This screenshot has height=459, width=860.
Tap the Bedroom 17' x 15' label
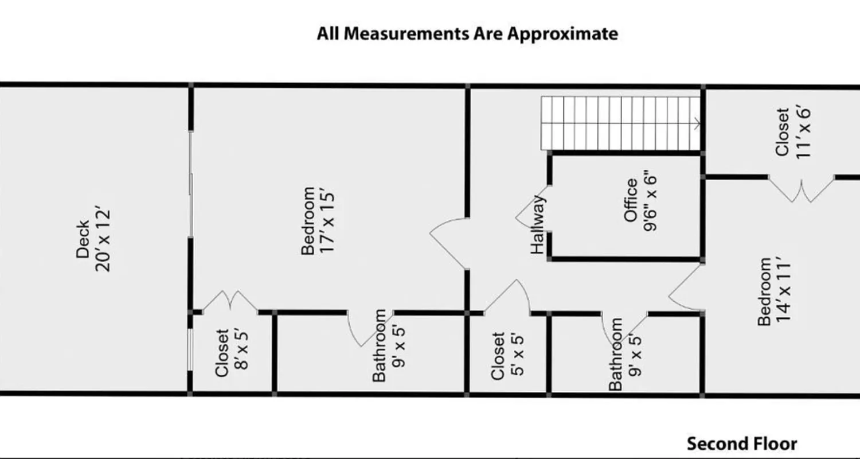317,220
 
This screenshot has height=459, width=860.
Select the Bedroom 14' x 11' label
773,291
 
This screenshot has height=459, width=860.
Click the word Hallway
537,224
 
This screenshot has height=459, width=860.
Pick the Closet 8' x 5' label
230,352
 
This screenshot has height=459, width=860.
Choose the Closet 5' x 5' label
507,356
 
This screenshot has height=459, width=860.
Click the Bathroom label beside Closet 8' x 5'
388,345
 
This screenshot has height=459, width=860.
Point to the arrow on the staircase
697,123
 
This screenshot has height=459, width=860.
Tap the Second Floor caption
742,444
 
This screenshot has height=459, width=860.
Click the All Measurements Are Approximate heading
467,33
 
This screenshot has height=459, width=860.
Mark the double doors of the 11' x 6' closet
802,190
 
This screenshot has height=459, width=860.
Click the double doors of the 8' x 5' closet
230,301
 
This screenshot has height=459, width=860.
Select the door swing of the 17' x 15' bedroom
449,241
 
